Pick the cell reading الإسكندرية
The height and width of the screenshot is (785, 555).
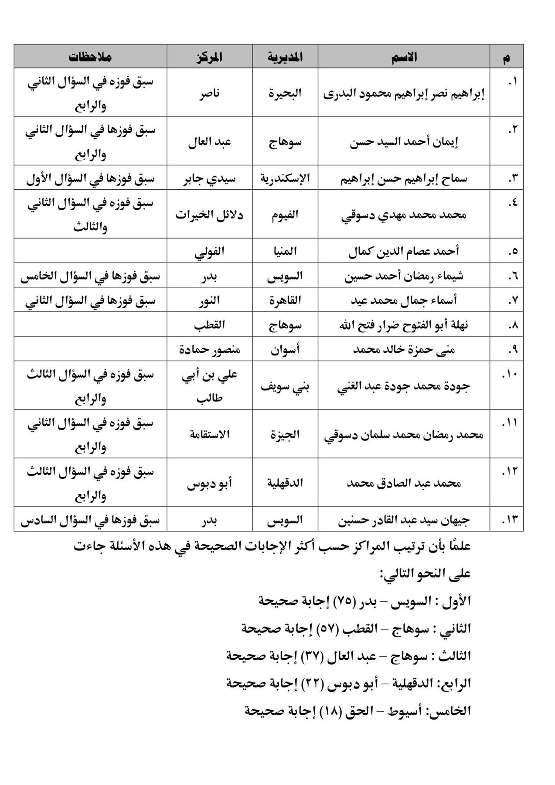(x=285, y=179)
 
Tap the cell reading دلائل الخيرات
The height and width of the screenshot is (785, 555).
(x=209, y=215)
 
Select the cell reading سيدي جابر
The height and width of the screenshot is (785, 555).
(x=209, y=179)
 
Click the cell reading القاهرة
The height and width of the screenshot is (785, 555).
(x=285, y=300)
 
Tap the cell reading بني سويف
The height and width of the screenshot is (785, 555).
(x=285, y=386)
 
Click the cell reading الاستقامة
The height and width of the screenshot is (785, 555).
(x=209, y=434)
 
